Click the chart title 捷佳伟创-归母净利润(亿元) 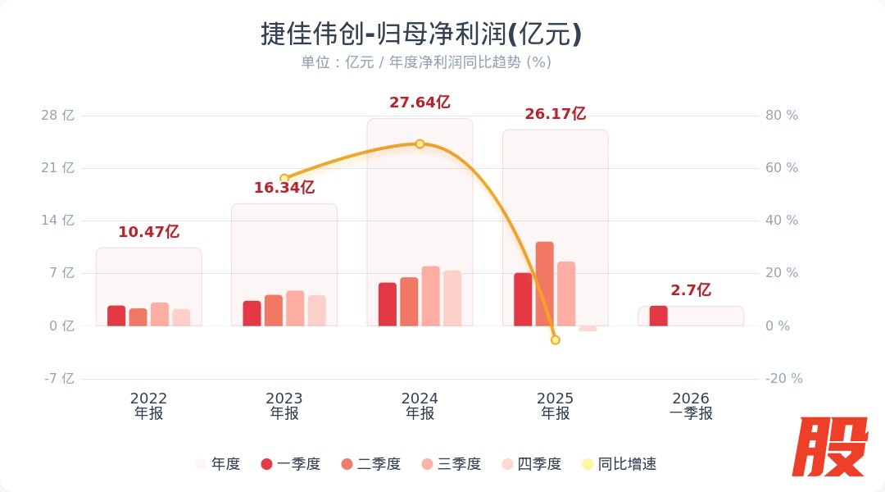pyautogui.click(x=420, y=34)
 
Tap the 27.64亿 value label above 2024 pyautogui.click(x=420, y=102)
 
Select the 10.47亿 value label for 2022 pyautogui.click(x=148, y=232)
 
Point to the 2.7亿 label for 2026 pyautogui.click(x=690, y=290)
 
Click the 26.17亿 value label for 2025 pyautogui.click(x=555, y=114)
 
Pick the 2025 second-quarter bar pyautogui.click(x=545, y=284)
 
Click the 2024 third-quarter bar pyautogui.click(x=430, y=296)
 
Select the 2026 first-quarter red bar pyautogui.click(x=658, y=316)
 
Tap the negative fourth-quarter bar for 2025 pyautogui.click(x=588, y=328)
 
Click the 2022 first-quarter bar pyautogui.click(x=116, y=316)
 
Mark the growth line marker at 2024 pyautogui.click(x=420, y=143)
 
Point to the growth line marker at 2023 pyautogui.click(x=284, y=178)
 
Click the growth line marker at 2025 pyautogui.click(x=555, y=339)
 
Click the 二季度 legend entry pyautogui.click(x=370, y=464)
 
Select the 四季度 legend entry pyautogui.click(x=531, y=464)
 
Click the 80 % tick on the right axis pyautogui.click(x=781, y=116)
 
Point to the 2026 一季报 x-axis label pyautogui.click(x=690, y=406)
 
